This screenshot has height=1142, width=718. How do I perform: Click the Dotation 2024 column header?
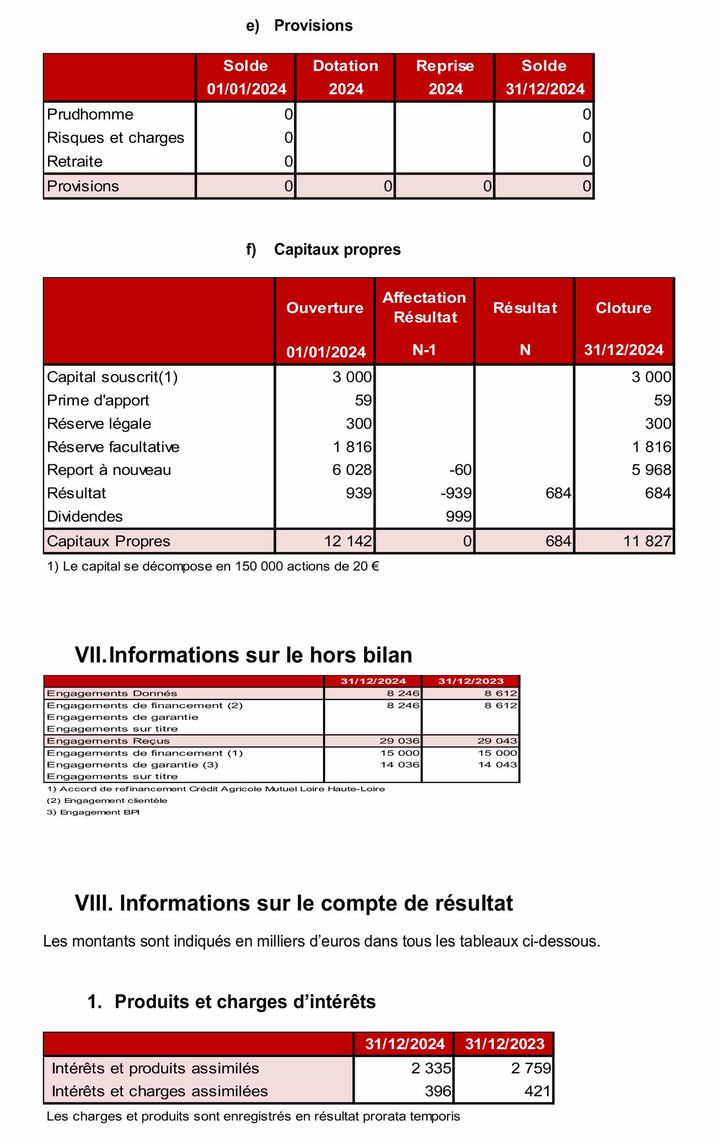pyautogui.click(x=345, y=77)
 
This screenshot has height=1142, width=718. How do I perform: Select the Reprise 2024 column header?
pyautogui.click(x=445, y=77)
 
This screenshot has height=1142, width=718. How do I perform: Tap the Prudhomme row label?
pyautogui.click(x=90, y=114)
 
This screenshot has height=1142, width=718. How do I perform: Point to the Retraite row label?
pyautogui.click(x=75, y=161)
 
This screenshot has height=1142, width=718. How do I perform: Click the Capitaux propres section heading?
pyautogui.click(x=337, y=249)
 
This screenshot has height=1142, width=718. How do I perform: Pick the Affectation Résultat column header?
pyautogui.click(x=424, y=307)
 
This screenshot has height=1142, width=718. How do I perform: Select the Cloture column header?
pyautogui.click(x=623, y=308)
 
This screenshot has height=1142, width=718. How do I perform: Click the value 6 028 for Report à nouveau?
pyautogui.click(x=352, y=470)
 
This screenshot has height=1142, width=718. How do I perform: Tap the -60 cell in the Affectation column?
pyautogui.click(x=460, y=470)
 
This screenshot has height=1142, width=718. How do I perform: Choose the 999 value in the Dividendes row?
pyautogui.click(x=458, y=516)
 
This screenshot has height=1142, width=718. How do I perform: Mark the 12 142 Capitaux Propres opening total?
pyautogui.click(x=348, y=541)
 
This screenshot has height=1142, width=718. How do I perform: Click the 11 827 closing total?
pyautogui.click(x=647, y=541)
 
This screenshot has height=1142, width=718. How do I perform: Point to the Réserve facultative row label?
pyautogui.click(x=113, y=447)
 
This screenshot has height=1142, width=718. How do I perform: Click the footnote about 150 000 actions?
pyautogui.click(x=213, y=566)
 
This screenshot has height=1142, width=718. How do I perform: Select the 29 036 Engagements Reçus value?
pyautogui.click(x=400, y=741)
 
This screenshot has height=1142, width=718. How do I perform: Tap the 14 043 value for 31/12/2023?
pyautogui.click(x=497, y=764)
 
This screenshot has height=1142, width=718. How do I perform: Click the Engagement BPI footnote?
pyautogui.click(x=93, y=812)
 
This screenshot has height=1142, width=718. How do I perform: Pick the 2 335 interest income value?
pyautogui.click(x=431, y=1068)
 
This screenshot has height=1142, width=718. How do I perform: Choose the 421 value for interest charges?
pyautogui.click(x=537, y=1091)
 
